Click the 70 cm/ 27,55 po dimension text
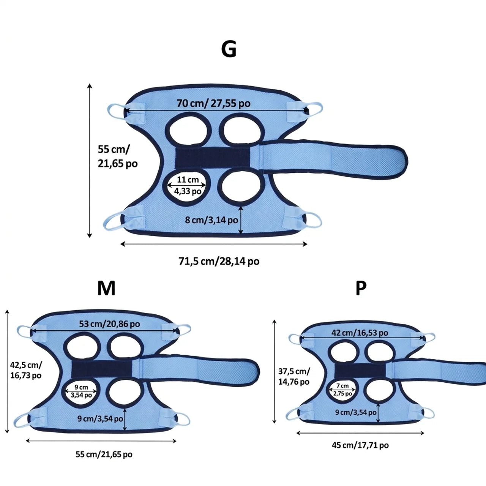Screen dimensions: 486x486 (x=213, y=103)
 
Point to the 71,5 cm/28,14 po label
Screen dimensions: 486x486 (x=219, y=261)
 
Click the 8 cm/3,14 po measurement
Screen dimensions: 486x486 (x=211, y=220)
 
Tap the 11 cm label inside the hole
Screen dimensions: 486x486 (x=188, y=180)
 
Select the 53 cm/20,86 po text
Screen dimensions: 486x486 (x=109, y=324)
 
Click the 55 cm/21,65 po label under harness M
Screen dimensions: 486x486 (x=104, y=454)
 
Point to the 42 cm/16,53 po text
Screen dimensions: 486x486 (x=360, y=333)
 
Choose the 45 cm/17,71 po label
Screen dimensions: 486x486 (x=360, y=445)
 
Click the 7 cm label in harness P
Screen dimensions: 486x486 (x=342, y=386)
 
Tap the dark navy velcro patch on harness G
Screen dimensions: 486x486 (x=212, y=158)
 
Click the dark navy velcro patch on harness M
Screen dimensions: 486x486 (x=101, y=369)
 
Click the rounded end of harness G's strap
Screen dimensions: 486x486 (x=401, y=162)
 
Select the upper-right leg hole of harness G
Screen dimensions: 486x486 (x=241, y=129)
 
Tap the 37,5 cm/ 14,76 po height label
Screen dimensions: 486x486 (x=294, y=377)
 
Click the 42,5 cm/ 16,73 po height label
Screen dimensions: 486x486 (x=26, y=370)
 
